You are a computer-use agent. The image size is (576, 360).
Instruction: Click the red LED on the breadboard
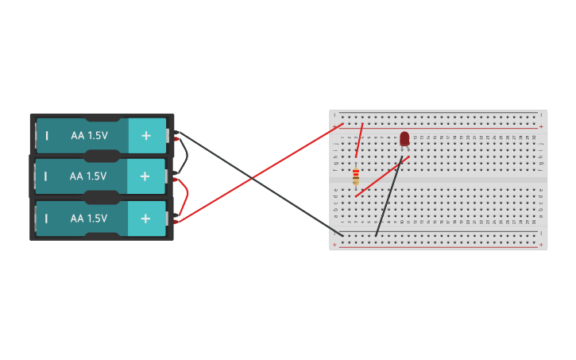point(404,139)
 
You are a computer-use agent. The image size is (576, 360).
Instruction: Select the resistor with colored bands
point(355,176)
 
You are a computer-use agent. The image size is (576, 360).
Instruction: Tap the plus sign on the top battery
point(145,136)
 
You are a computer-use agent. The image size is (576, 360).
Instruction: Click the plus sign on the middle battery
point(145,176)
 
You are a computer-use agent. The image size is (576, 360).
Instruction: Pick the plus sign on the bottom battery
point(145,219)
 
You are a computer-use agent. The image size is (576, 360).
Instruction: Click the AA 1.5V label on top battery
point(88,136)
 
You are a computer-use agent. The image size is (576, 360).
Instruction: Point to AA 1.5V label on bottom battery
point(88,219)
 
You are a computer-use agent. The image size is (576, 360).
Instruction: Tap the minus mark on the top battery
point(47,136)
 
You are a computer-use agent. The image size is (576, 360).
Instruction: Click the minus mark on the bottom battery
point(47,219)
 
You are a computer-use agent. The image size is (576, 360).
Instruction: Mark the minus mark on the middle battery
point(47,176)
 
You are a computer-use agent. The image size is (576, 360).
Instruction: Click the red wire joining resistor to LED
point(382,176)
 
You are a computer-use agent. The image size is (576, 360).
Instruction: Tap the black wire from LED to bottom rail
point(389,199)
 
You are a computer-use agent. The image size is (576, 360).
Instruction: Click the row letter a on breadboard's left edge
point(335,215)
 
